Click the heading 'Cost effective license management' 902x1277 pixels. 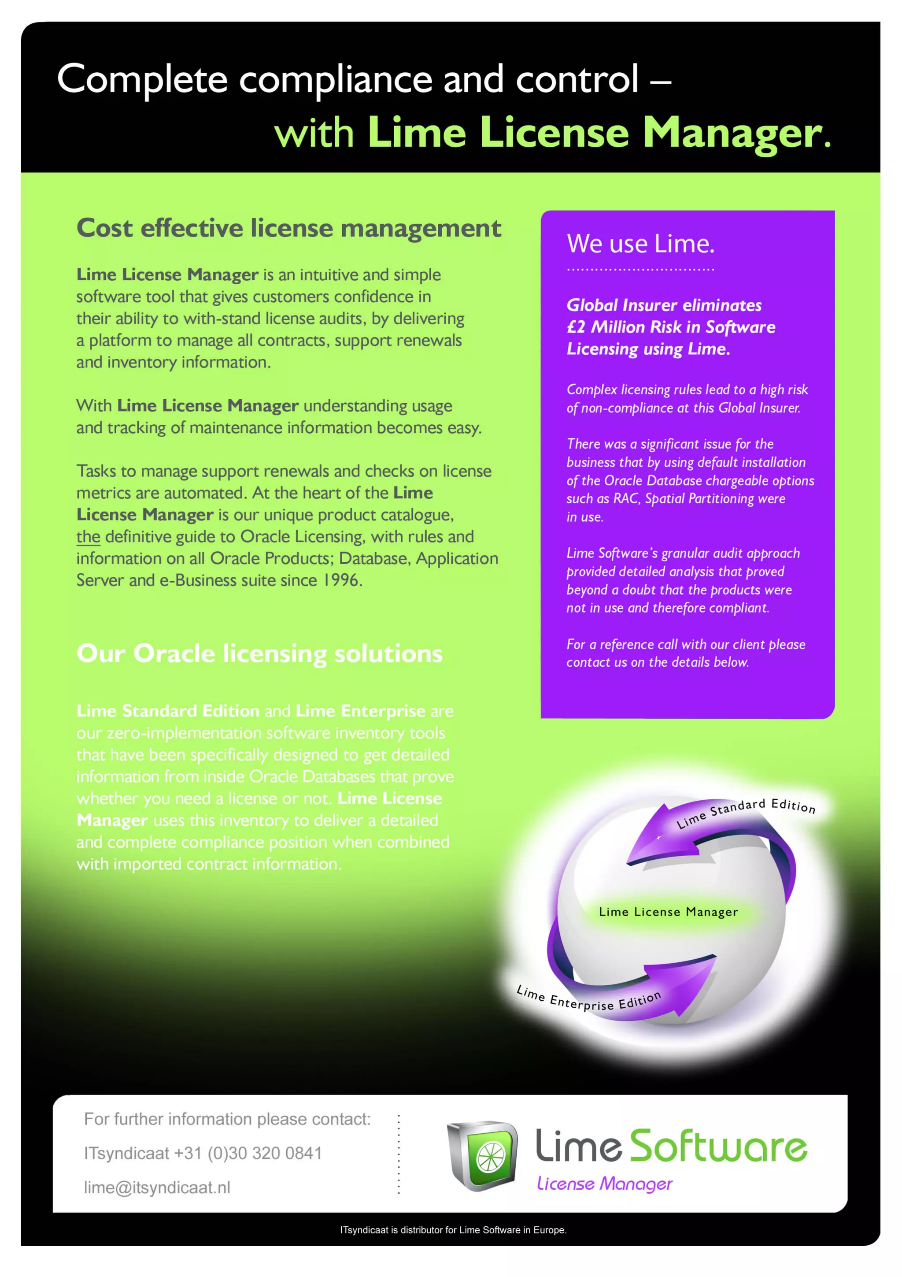click(288, 228)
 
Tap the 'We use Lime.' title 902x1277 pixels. click(640, 244)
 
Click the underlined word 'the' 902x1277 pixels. click(88, 537)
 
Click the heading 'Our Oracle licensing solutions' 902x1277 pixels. click(259, 653)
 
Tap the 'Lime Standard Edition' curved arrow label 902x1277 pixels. click(745, 812)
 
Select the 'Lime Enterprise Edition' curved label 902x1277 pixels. click(588, 999)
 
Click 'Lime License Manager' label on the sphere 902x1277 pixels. click(668, 912)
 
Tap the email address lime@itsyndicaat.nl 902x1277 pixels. click(157, 1188)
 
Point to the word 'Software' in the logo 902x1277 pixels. click(717, 1147)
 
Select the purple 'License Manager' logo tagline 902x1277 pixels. click(604, 1184)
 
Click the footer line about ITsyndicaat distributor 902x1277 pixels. click(453, 1230)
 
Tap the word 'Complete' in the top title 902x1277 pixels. click(142, 79)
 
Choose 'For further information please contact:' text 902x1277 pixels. click(227, 1119)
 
